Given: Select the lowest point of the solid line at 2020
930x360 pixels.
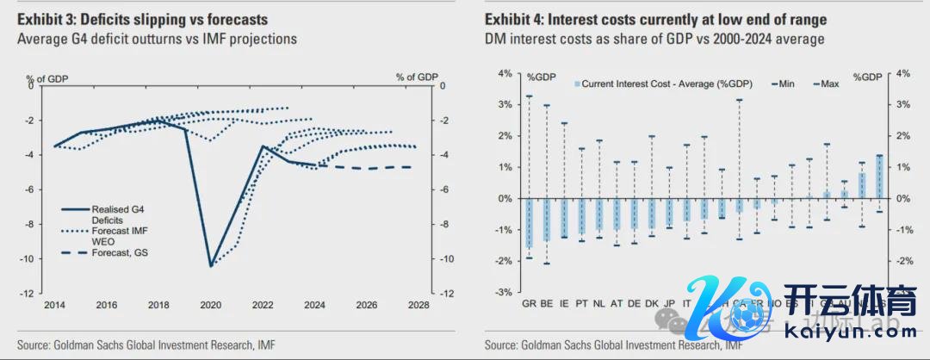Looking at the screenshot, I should (x=211, y=265).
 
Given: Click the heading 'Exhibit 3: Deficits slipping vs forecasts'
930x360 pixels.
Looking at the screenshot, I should (x=143, y=20).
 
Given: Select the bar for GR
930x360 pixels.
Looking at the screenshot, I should (x=529, y=223).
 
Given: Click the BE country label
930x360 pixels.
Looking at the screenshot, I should (x=546, y=304).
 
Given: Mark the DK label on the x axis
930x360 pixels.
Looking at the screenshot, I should (x=652, y=304).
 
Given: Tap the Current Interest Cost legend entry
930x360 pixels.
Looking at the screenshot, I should (x=663, y=84).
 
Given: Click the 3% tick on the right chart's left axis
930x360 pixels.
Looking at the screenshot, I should (x=505, y=104).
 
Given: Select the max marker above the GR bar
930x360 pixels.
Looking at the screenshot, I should (x=529, y=96).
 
